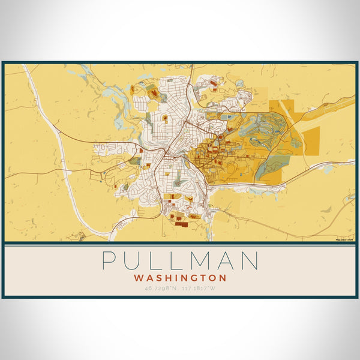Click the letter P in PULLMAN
click(x=109, y=260)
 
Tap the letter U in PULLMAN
click(x=133, y=260)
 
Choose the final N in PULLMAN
click(x=251, y=260)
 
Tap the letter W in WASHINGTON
click(x=139, y=278)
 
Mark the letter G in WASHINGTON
click(x=194, y=278)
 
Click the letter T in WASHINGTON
click(x=203, y=278)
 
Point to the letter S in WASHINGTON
click(x=158, y=278)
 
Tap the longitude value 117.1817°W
click(x=199, y=289)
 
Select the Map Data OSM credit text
click(x=344, y=239)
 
